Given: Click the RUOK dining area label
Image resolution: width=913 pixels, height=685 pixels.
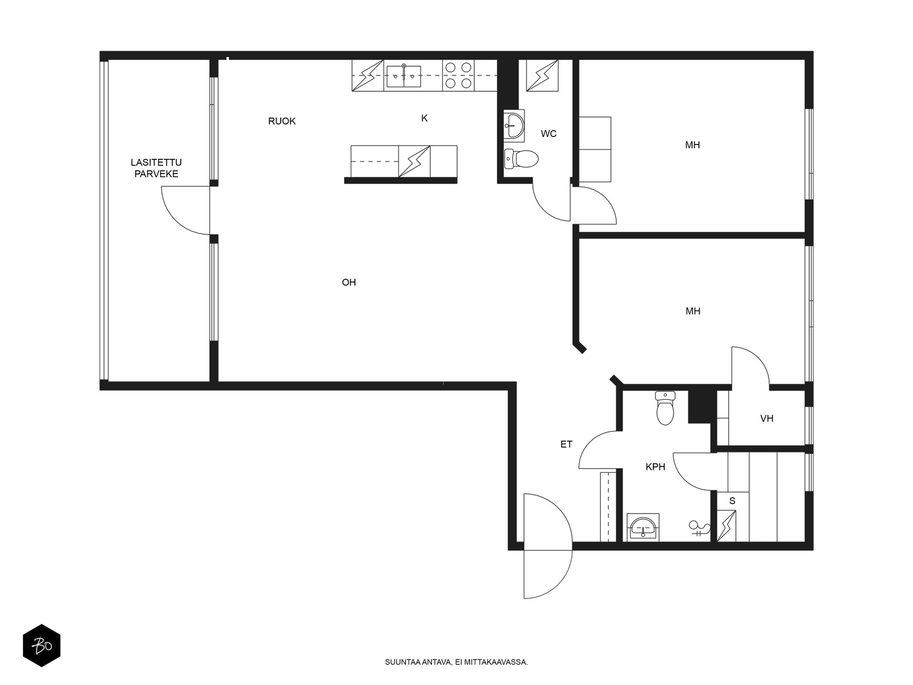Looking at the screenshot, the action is tap(281, 121).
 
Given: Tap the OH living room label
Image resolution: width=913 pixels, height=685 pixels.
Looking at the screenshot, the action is tap(349, 283).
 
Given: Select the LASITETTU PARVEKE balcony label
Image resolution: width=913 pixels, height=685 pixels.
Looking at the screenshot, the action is tap(156, 168).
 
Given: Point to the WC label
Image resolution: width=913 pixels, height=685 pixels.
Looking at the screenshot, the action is tap(548, 134).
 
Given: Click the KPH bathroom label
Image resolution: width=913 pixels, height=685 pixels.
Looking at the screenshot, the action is tap(655, 466).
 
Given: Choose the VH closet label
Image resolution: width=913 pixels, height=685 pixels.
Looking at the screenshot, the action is tap(766, 418).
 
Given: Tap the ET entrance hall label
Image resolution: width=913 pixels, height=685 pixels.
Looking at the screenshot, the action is tap(566, 444).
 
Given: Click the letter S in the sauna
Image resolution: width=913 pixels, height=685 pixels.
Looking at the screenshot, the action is tap(732, 501).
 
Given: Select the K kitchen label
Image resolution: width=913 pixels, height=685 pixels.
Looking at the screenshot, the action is tap(425, 118).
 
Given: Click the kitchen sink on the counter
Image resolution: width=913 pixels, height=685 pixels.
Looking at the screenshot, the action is tap(403, 76).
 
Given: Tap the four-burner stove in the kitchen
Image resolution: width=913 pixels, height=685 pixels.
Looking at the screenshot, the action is tap(458, 75).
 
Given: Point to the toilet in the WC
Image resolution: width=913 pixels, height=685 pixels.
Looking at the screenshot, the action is tap(521, 159).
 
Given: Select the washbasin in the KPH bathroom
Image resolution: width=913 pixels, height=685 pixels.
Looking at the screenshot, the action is tap(643, 527).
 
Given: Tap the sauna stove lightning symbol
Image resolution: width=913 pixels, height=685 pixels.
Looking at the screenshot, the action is tap(726, 526).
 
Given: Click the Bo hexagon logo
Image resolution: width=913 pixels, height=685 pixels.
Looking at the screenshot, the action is tap(42, 646).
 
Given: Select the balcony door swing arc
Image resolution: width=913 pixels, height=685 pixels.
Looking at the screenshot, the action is tap(175, 220).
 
